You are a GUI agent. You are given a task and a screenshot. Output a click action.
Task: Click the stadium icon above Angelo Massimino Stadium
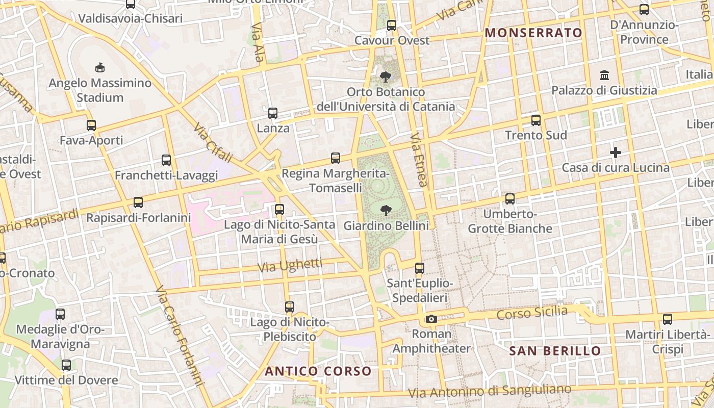100,67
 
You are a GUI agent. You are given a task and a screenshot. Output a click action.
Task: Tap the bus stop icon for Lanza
273,113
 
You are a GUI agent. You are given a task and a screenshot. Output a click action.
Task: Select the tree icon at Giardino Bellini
386,210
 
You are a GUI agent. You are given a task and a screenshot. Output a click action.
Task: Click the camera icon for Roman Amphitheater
431,319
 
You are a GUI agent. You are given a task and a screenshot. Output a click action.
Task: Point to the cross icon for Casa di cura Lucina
616,152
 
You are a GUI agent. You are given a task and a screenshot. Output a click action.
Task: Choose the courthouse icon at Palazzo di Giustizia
604,75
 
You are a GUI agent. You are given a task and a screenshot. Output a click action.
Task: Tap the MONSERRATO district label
533,33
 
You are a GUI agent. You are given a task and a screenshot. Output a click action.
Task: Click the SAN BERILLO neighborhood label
555,351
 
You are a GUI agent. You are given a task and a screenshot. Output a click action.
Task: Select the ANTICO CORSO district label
318,371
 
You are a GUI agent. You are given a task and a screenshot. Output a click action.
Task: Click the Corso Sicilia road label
532,313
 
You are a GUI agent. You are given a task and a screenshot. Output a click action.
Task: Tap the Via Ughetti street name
290,265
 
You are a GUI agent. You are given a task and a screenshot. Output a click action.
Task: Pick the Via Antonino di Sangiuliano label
491,391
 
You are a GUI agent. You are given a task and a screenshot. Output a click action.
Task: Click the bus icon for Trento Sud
536,120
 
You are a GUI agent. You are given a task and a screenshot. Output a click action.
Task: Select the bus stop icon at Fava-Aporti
91,125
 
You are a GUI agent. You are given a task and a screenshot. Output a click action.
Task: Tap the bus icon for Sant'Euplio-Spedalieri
420,268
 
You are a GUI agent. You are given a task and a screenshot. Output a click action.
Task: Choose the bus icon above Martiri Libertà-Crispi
668,319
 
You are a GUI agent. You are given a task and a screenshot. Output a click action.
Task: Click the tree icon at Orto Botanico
386,77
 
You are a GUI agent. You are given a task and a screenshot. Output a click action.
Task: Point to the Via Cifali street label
213,143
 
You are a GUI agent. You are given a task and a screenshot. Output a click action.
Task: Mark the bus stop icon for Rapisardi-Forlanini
138,202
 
